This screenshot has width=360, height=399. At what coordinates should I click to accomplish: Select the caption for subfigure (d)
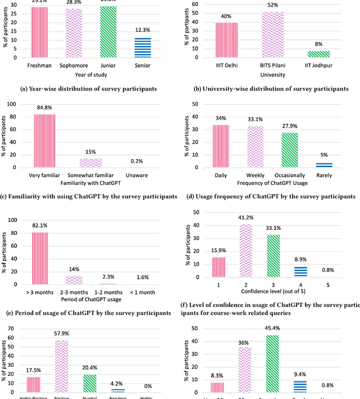(271, 196)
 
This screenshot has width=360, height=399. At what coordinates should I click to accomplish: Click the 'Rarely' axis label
(324, 175)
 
